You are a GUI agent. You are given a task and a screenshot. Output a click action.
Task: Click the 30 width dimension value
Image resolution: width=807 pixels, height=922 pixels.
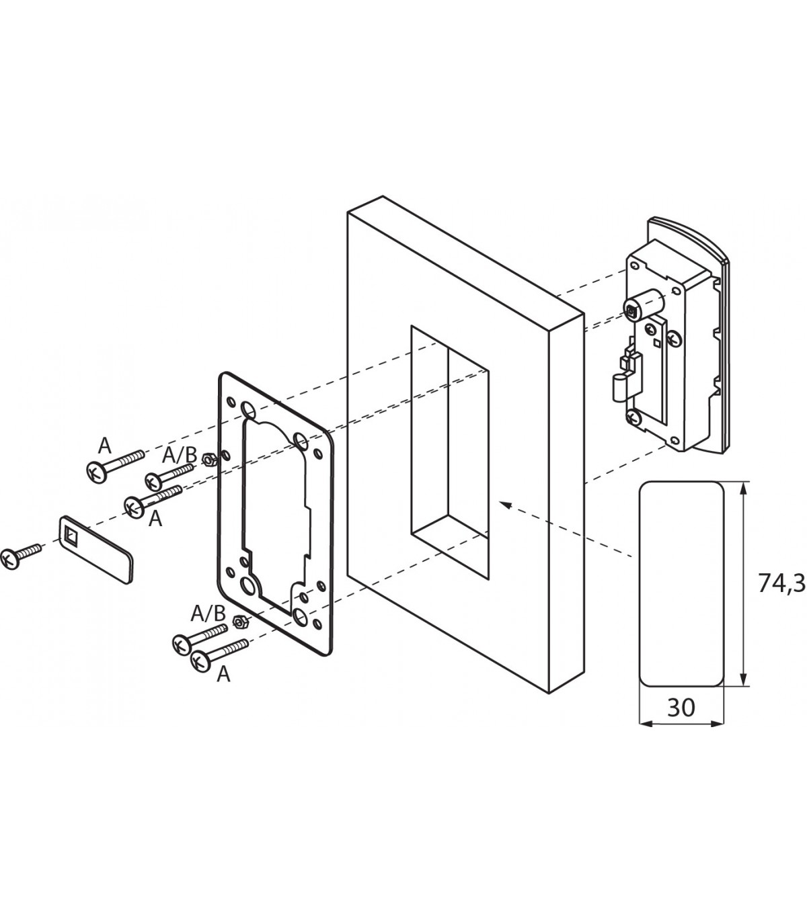(681, 707)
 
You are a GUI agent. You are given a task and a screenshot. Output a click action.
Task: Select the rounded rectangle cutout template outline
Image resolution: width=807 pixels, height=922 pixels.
(681, 583)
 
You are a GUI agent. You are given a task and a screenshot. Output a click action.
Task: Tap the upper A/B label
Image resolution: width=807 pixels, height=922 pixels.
(179, 456)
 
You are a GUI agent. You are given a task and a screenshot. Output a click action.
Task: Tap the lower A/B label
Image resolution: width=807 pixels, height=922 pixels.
(208, 613)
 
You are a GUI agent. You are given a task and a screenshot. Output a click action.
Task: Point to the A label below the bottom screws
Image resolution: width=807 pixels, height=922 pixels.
(223, 674)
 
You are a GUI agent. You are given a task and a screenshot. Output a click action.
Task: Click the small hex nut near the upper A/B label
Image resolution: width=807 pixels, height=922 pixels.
(209, 459)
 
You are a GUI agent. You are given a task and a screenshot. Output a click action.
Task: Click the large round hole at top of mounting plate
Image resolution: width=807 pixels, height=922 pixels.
(247, 410)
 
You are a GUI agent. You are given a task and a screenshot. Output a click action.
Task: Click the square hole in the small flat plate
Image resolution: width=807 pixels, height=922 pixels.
(71, 535)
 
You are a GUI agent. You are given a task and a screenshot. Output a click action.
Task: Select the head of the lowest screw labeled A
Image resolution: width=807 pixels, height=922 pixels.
(200, 661)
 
